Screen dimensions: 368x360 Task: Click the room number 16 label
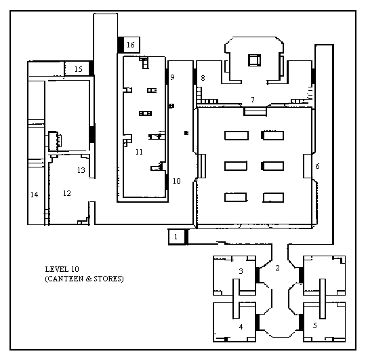click(x=131, y=45)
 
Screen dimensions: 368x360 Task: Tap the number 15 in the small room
click(x=79, y=69)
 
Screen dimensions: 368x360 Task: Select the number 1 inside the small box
click(x=176, y=237)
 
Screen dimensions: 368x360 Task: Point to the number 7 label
click(x=253, y=100)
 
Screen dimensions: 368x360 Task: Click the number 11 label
click(x=139, y=152)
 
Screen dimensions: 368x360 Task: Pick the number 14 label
click(x=35, y=195)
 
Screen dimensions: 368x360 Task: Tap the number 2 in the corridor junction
click(x=277, y=268)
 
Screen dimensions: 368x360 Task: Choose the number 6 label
click(x=317, y=166)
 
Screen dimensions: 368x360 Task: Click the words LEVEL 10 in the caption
click(x=62, y=269)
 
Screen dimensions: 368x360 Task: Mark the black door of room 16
click(x=121, y=45)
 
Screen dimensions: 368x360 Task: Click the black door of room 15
click(x=91, y=68)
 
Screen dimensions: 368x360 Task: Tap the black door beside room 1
click(x=186, y=237)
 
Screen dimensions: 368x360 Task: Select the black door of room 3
click(x=258, y=275)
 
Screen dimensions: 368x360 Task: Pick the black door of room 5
click(x=301, y=322)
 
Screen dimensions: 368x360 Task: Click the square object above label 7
click(x=254, y=60)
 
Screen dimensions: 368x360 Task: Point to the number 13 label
click(x=81, y=170)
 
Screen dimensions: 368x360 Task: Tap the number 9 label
click(x=172, y=77)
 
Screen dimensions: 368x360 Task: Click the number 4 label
click(x=241, y=327)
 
